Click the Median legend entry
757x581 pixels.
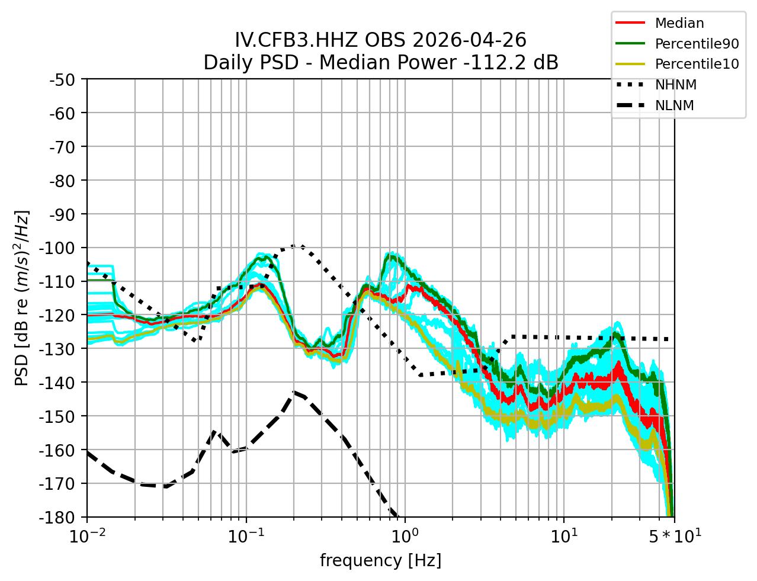click(679, 24)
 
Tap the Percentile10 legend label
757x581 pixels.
click(696, 64)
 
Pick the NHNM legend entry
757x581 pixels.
click(675, 85)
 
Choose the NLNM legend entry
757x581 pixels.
click(674, 105)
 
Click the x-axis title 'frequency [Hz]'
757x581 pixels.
click(380, 560)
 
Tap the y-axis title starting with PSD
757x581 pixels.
click(22, 298)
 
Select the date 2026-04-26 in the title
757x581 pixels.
click(468, 40)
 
